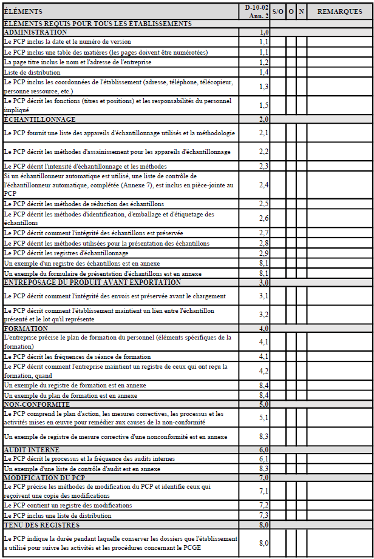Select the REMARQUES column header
pos(339,12)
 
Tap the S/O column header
pos(278,12)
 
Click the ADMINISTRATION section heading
pos(36,32)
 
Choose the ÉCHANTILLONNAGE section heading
pos(40,119)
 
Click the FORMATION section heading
pos(25,328)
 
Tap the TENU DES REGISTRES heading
pos(42,524)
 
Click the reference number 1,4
pos(263,72)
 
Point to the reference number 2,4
pos(263,184)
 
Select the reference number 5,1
pos(263,418)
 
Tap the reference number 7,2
pos(263,505)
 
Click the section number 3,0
pos(263,283)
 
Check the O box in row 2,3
pos(291,166)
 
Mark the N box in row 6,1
pos(302,459)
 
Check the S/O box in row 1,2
pos(278,62)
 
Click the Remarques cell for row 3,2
pos(339,315)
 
